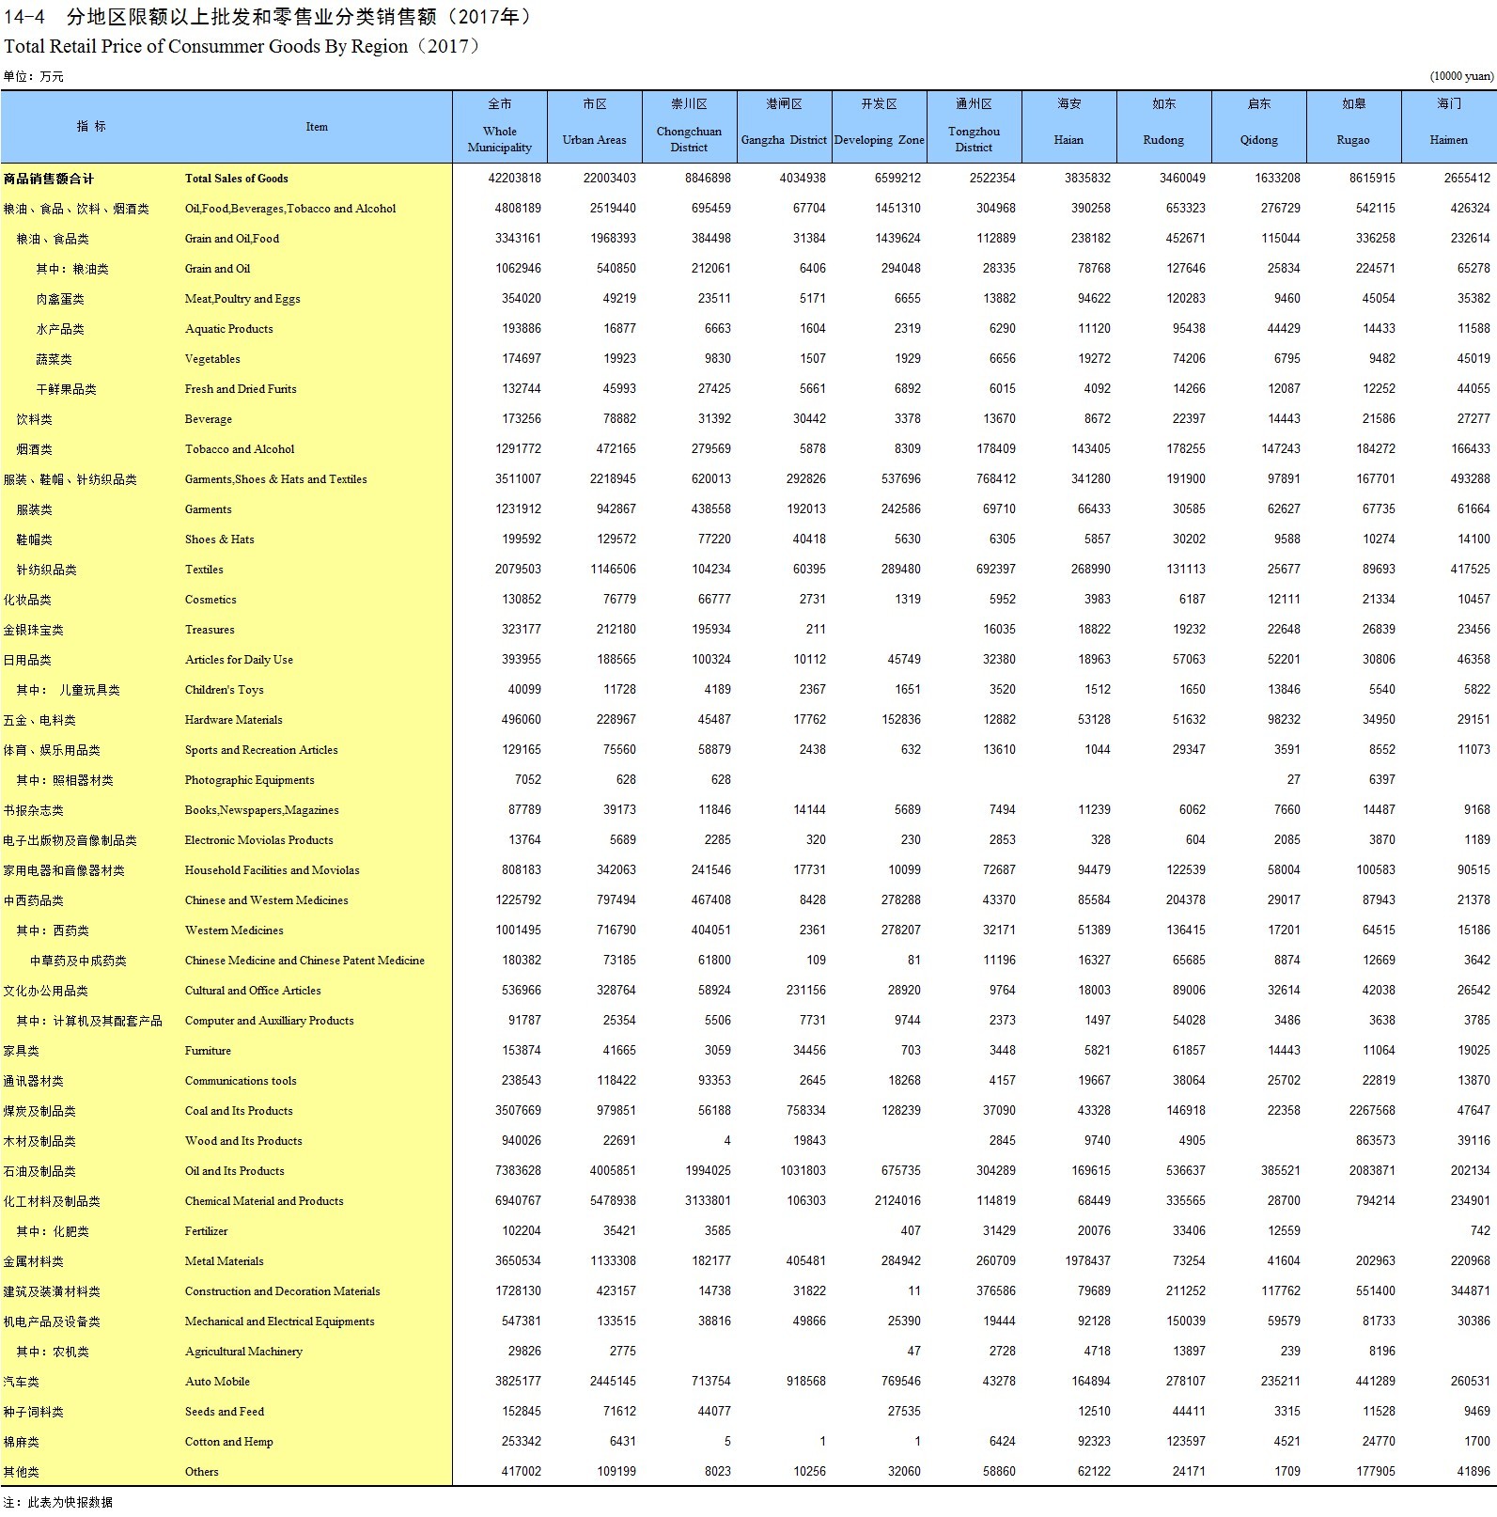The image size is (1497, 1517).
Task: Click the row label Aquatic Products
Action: tap(228, 329)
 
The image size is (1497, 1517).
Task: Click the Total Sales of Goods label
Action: tap(236, 179)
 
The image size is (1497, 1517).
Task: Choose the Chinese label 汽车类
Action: tap(22, 1382)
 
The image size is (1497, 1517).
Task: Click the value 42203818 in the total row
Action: tap(514, 179)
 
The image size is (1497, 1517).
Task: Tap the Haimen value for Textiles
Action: tap(1470, 570)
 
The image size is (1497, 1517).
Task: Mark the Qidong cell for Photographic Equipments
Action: tap(1293, 780)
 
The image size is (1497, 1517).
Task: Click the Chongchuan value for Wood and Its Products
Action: tap(726, 1141)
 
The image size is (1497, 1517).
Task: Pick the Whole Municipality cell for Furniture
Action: tap(521, 1051)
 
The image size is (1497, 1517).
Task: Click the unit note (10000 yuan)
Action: tap(1461, 76)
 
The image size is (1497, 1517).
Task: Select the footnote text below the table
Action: tap(57, 1502)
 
